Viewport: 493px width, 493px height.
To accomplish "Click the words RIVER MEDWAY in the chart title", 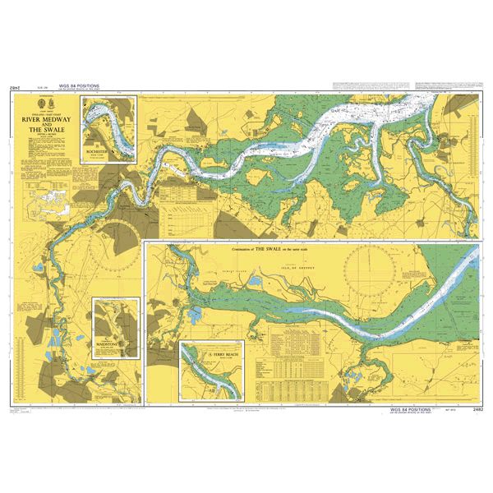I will click(x=46, y=118).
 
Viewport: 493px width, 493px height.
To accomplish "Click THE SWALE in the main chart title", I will click(x=46, y=129).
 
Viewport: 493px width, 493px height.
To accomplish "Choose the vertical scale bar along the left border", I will click(x=12, y=246).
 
